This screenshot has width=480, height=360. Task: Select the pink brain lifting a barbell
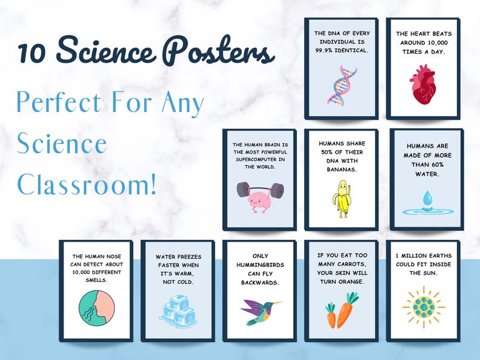[x=260, y=194]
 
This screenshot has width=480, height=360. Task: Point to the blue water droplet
[x=427, y=200]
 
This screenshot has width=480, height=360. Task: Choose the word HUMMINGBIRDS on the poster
[x=260, y=273]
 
